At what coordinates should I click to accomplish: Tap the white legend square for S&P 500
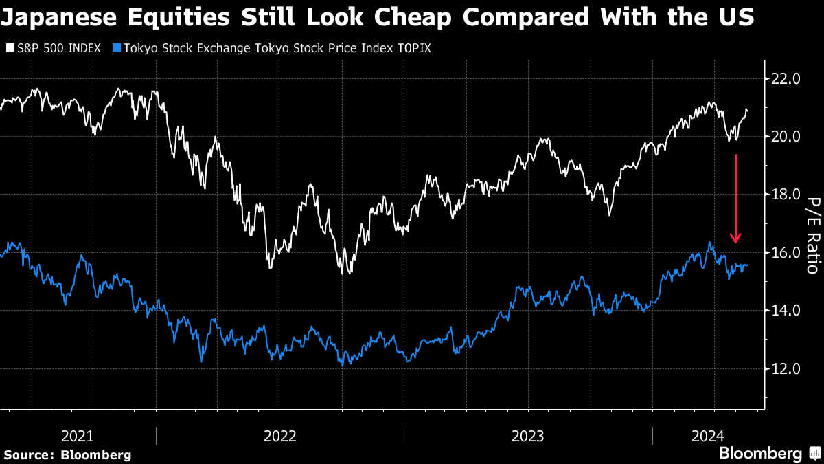point(10,49)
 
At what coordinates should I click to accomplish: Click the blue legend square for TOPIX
point(116,49)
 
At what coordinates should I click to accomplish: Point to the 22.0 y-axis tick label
point(787,79)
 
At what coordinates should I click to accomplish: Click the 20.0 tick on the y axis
point(787,137)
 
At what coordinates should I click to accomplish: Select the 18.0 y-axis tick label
point(787,195)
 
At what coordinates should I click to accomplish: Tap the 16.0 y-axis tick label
point(787,252)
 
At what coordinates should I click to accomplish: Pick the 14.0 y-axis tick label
point(787,311)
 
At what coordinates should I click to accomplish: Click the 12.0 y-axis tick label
point(787,368)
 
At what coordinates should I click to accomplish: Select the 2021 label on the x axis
point(78,436)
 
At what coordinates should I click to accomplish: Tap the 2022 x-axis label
point(279,436)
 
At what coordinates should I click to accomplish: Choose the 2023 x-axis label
point(528,436)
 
